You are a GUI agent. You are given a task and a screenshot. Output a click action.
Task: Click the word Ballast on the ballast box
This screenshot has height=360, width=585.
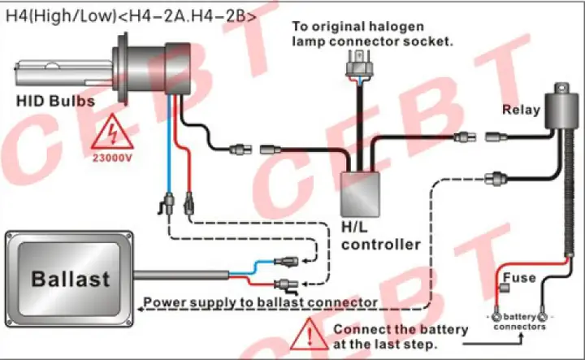71,279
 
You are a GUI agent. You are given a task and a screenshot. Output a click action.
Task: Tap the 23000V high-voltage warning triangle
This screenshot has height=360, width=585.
112,132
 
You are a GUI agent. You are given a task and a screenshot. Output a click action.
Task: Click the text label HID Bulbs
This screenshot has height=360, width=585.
55,101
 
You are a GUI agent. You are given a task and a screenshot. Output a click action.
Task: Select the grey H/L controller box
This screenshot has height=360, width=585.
360,194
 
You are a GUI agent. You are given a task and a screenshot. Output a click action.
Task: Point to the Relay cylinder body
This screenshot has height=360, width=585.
561,111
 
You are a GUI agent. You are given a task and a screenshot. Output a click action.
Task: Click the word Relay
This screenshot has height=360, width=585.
521,110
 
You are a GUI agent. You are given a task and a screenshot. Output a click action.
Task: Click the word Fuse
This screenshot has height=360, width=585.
519,278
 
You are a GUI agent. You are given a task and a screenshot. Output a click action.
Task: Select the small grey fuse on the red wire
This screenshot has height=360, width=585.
505,288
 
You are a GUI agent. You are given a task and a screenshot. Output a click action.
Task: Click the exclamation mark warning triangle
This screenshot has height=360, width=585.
309,335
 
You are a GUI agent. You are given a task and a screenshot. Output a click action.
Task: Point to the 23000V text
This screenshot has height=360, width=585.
112,158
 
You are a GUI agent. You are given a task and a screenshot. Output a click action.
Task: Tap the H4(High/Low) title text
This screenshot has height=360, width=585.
132,15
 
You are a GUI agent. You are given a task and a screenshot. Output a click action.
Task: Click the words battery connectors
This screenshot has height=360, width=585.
519,322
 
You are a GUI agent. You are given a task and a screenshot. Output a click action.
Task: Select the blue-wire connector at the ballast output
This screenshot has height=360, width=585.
286,261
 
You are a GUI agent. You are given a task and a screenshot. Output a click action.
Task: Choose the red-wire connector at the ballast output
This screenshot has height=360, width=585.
286,285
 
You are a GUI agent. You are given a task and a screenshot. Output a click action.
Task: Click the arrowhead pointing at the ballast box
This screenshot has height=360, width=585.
141,309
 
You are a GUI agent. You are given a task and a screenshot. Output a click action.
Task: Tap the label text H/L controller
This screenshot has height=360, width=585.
381,236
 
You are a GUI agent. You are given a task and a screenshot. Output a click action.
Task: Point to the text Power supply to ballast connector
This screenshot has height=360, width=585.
261,302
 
